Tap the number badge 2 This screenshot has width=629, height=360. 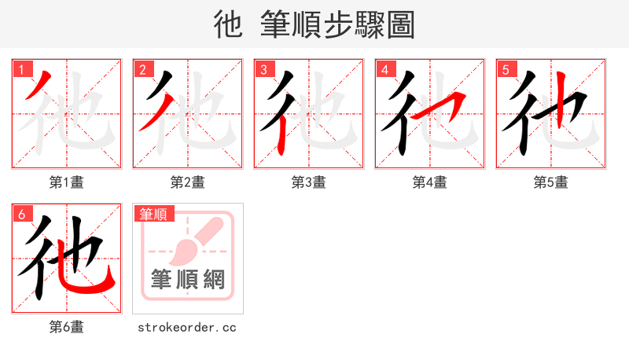pyautogui.click(x=142, y=69)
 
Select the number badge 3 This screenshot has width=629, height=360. pyautogui.click(x=263, y=69)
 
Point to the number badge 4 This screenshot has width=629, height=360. pyautogui.click(x=384, y=69)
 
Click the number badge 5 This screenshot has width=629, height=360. pyautogui.click(x=506, y=69)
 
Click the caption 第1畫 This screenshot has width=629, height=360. pyautogui.click(x=67, y=182)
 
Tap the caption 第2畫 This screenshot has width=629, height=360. pyautogui.click(x=188, y=182)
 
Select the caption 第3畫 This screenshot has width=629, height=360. pyautogui.click(x=309, y=182)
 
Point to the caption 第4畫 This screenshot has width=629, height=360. pyautogui.click(x=430, y=182)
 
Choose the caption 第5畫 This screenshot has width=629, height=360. pyautogui.click(x=551, y=182)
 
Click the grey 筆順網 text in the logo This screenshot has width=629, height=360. pyautogui.click(x=188, y=280)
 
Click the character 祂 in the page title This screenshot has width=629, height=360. pyautogui.click(x=228, y=25)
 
